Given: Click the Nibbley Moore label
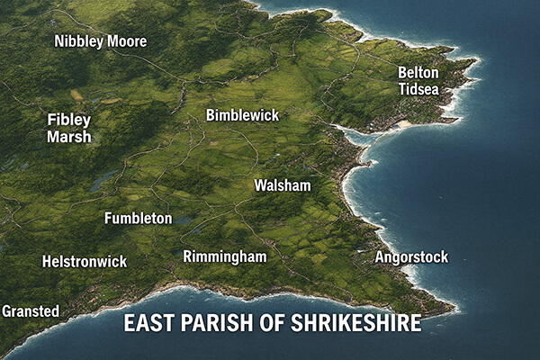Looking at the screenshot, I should tap(100, 41).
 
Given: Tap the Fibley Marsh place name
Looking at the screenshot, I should tap(69, 129).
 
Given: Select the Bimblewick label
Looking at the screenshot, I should tap(242, 115).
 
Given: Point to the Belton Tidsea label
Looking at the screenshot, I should tap(418, 80).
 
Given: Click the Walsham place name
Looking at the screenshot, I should tap(282, 185).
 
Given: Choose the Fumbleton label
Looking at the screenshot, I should tap(138, 219).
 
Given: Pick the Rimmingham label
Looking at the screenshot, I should tap(224, 256).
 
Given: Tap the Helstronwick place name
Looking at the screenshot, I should tap(85, 262).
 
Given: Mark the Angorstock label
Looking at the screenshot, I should tap(411, 257).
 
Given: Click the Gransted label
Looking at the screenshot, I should tap(31, 311).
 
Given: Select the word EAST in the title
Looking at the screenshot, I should tap(149, 323).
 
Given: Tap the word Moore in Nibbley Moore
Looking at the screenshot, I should tap(127, 41).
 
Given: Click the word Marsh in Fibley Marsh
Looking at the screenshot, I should tap(69, 138).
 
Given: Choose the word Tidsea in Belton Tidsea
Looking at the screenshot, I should tap(418, 88).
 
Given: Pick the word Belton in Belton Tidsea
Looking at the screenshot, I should tap(418, 72).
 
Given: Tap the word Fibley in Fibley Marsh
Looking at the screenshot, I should tap(69, 120).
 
